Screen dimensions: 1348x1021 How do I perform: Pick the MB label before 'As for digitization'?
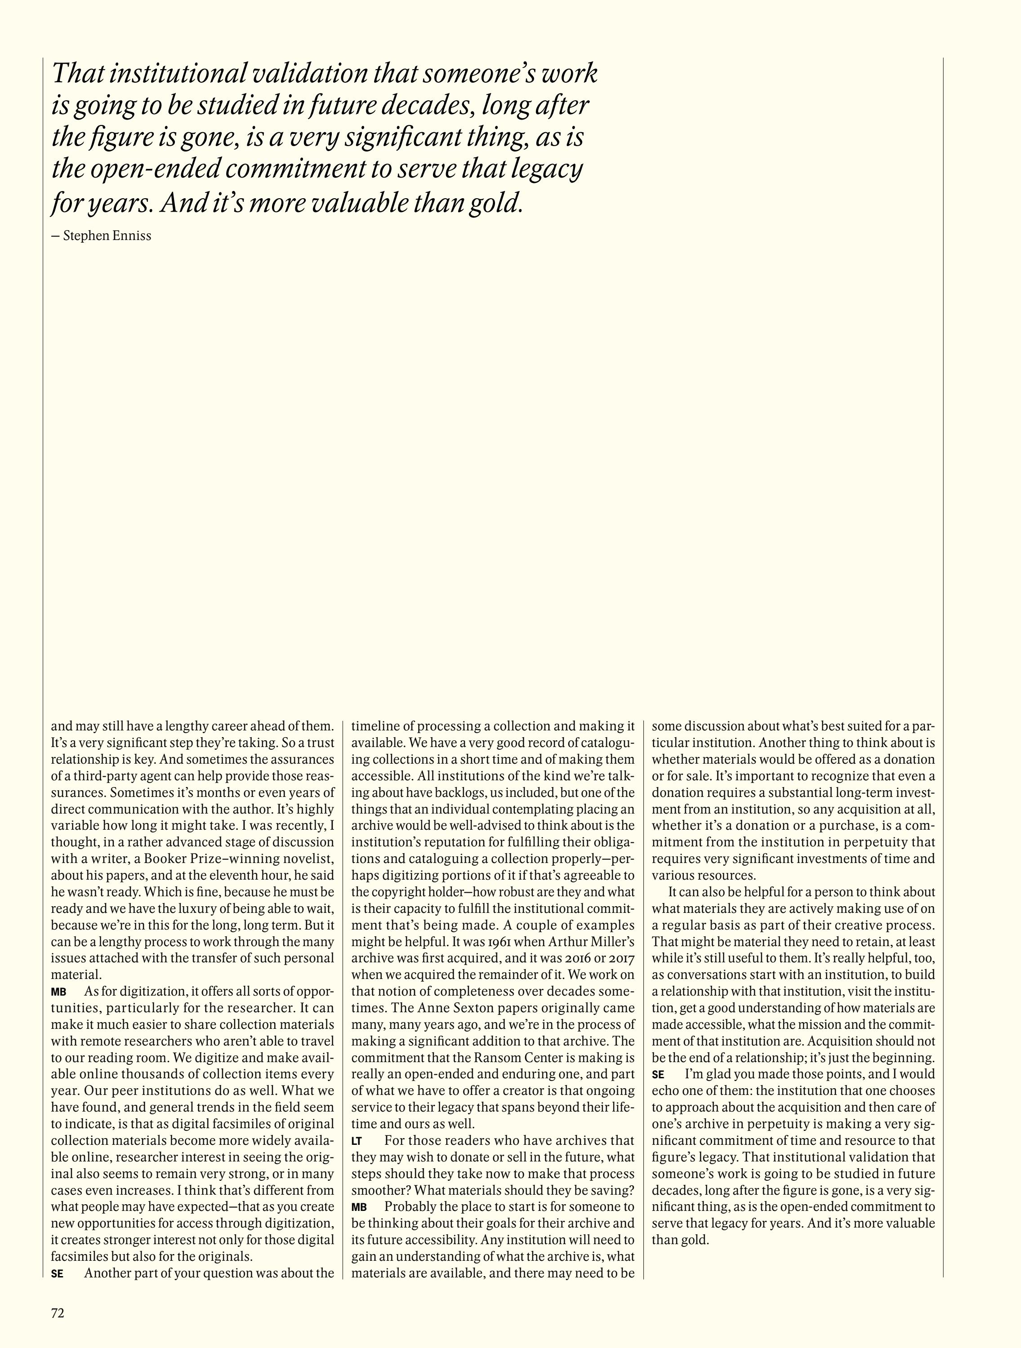point(58,992)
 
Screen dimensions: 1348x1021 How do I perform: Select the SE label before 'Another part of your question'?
point(57,1274)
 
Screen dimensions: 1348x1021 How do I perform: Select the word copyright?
point(404,892)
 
